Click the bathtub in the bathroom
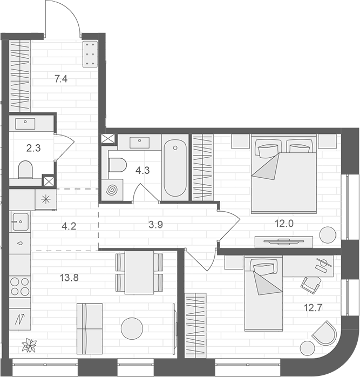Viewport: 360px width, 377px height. coord(175,169)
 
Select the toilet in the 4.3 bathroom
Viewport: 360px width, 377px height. coord(116,164)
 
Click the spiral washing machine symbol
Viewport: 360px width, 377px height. coord(113,191)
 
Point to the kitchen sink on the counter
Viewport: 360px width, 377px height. coord(20,221)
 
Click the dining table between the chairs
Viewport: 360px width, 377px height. coord(139,273)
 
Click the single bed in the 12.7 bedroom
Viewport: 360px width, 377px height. coord(263,294)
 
